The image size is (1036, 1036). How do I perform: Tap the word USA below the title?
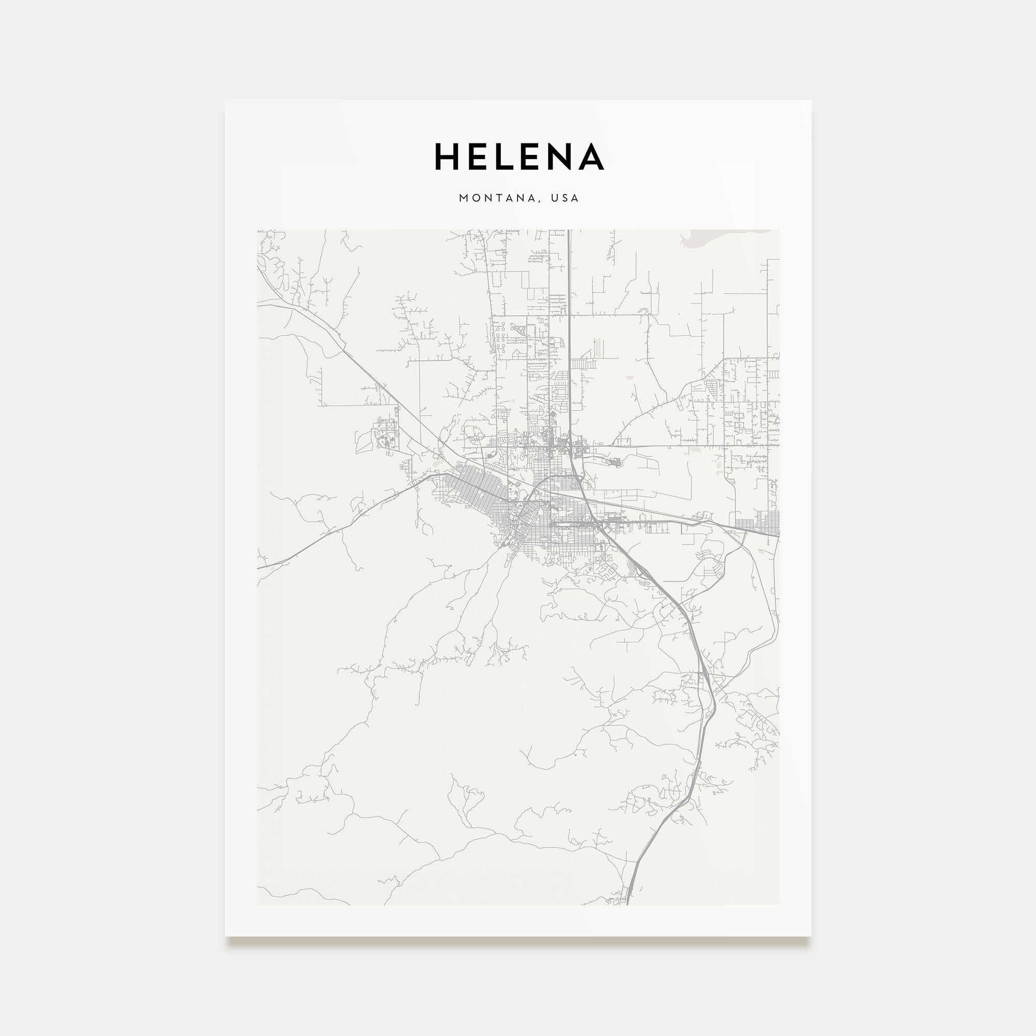[x=567, y=198]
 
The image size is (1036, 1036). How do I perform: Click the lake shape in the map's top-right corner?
[x=713, y=237]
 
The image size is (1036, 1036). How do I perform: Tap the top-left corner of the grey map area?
[x=257, y=231]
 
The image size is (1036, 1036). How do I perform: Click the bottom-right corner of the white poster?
[x=810, y=936]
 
